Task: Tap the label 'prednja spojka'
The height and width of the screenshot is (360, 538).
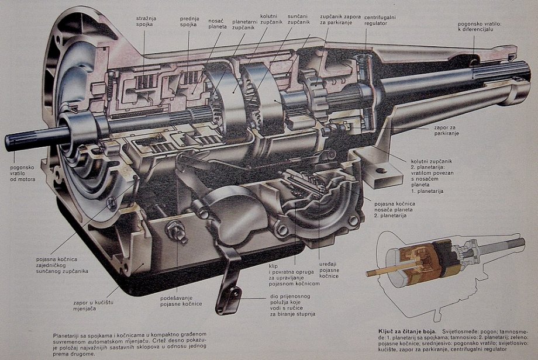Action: click(188, 21)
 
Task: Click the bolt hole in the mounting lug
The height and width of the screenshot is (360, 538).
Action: click(381, 171)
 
